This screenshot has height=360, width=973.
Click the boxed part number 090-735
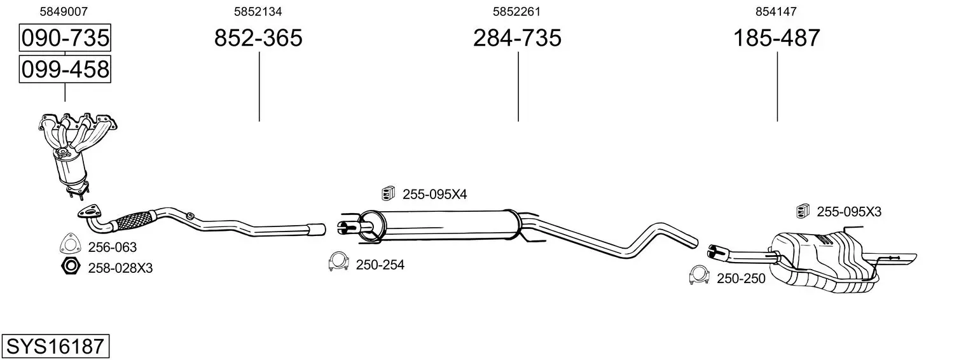[x=65, y=38]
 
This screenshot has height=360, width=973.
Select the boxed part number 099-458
[x=65, y=69]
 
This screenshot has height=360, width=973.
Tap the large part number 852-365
[x=258, y=38]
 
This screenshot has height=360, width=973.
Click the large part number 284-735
[x=517, y=38]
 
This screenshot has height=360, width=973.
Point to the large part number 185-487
[x=776, y=38]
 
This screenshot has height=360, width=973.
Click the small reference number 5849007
[x=64, y=11]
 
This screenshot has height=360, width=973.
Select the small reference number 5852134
[x=258, y=11]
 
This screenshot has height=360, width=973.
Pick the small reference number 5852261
[x=516, y=11]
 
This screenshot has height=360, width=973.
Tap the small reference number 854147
[x=776, y=11]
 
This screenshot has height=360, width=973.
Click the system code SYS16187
[x=55, y=347]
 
